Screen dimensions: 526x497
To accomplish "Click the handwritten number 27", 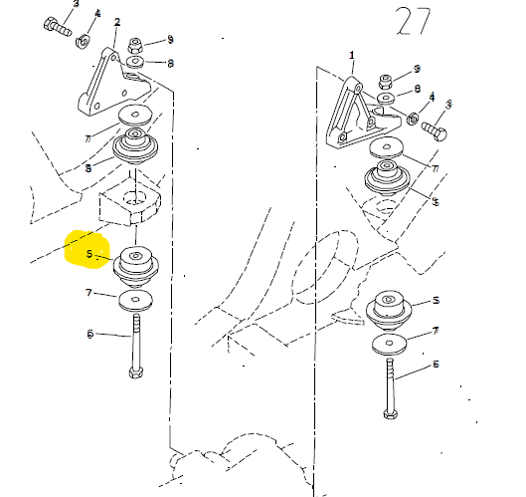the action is [x=413, y=22].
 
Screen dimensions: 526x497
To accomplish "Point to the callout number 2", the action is [x=117, y=23].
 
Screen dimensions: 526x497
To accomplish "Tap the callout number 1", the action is [x=352, y=55].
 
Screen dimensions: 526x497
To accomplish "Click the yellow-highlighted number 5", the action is [x=88, y=254].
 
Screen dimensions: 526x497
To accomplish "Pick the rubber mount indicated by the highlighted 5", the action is [x=135, y=267].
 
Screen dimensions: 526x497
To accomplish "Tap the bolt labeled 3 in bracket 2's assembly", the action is [x=58, y=27].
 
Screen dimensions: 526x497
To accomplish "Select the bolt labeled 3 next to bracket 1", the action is [x=435, y=130].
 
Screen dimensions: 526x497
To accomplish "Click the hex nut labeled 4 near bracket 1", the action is [x=413, y=119].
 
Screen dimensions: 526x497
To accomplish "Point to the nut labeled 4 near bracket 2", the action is [x=83, y=41].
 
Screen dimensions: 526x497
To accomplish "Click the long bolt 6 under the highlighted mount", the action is [x=136, y=346].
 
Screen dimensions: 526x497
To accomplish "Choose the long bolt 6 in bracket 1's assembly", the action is [x=390, y=388].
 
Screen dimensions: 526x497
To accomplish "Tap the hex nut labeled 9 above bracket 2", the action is [x=135, y=46].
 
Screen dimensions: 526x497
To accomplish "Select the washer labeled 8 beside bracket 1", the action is [x=386, y=99].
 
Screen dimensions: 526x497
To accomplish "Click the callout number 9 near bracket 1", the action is [x=417, y=69].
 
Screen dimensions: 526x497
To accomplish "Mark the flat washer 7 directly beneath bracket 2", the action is [x=135, y=116].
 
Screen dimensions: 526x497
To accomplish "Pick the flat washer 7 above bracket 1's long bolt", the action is [x=389, y=344].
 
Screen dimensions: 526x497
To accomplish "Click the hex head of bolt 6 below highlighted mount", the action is [x=136, y=373].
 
